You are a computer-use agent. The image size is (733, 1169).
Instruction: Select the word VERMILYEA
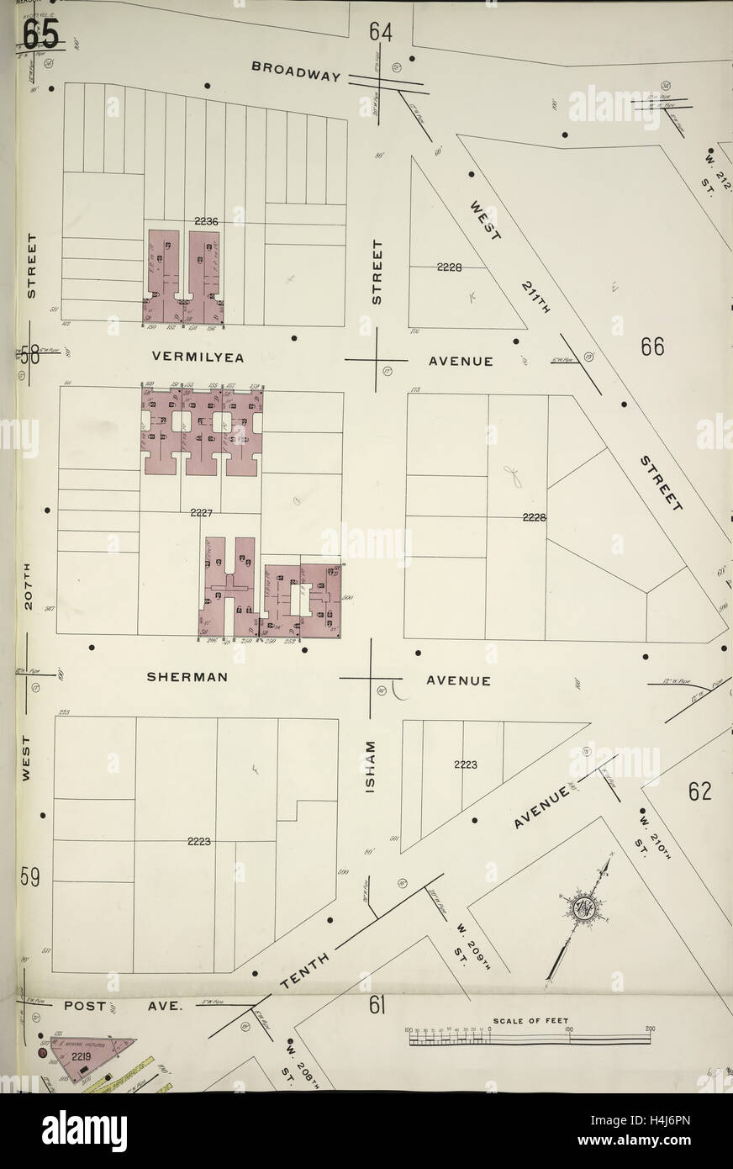point(198,357)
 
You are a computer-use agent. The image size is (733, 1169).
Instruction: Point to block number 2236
point(205,221)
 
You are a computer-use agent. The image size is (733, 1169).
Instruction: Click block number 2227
point(202,512)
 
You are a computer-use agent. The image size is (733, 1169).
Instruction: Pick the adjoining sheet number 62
point(699,791)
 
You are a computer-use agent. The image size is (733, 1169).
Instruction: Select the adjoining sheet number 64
point(380,32)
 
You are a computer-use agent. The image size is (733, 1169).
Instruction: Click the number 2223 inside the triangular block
point(465,764)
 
